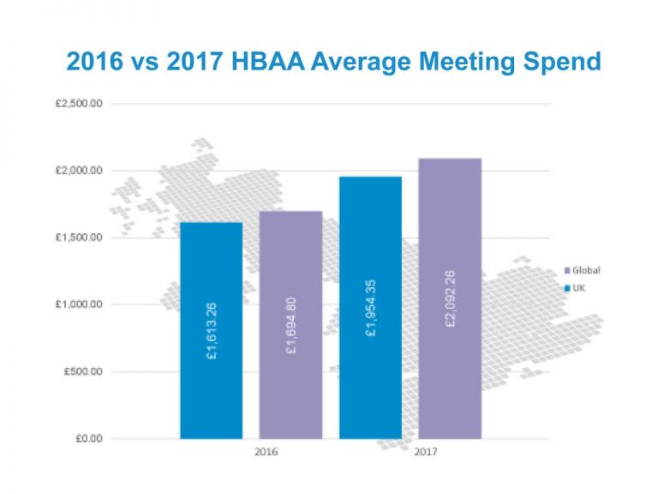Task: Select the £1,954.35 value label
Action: pos(370,307)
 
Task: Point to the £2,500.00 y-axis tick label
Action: pos(79,104)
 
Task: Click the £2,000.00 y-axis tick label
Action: pos(79,171)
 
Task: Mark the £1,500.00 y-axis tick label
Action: pos(79,238)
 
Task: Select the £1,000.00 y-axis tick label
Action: pos(79,304)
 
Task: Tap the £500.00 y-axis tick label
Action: pos(82,371)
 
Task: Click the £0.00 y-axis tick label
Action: pos(87,438)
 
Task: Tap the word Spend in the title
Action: pos(556,62)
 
